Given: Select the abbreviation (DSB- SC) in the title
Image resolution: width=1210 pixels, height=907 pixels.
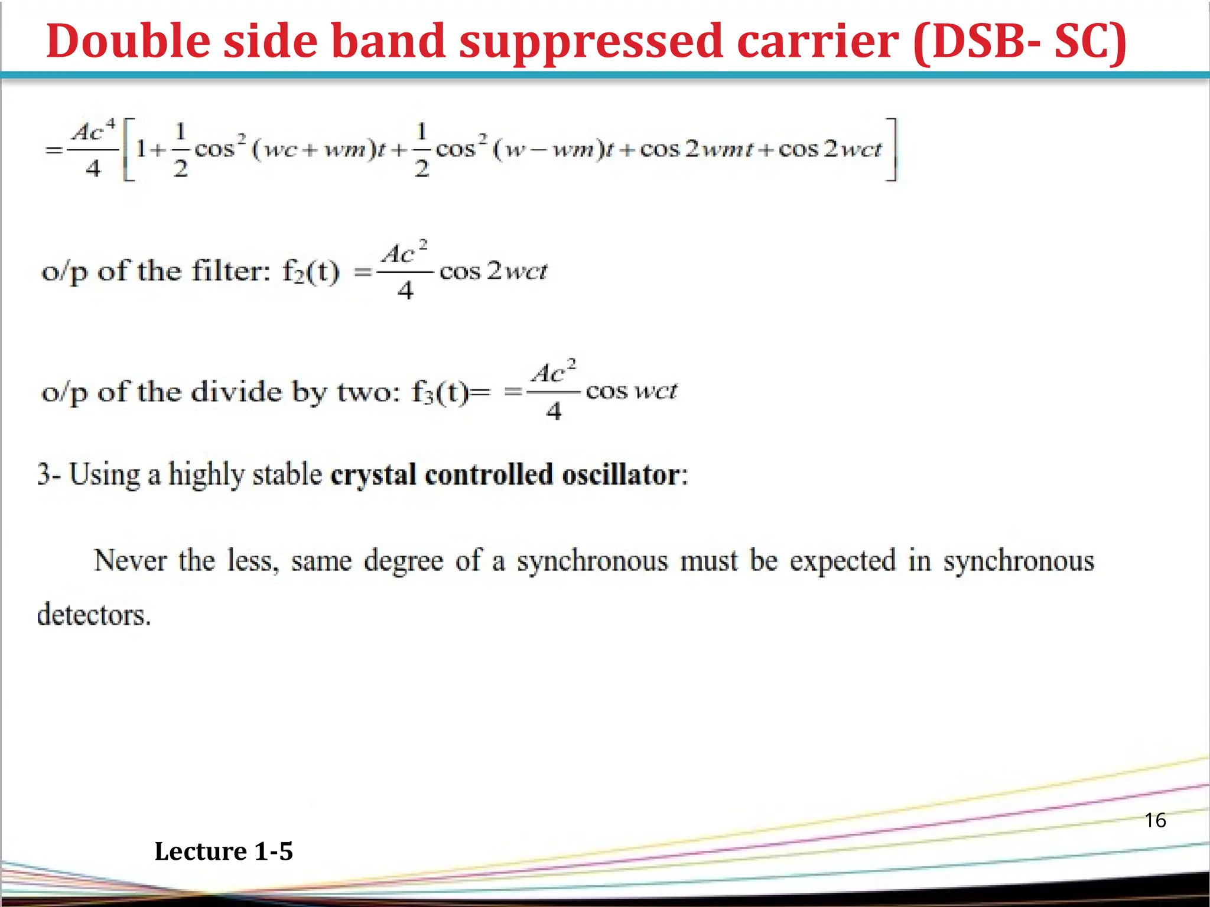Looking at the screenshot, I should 1020,41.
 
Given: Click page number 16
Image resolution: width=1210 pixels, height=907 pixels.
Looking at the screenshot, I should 1155,820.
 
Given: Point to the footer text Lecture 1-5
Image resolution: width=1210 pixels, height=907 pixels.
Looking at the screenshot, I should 223,851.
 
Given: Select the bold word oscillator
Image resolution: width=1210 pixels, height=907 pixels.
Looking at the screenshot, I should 624,475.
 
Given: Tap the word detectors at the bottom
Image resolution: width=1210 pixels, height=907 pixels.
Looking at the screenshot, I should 94,615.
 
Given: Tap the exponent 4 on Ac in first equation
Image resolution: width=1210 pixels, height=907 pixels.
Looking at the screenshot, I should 110,124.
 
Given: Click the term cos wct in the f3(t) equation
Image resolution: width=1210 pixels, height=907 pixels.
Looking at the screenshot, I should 631,391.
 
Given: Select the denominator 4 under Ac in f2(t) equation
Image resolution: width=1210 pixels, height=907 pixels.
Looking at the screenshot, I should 405,291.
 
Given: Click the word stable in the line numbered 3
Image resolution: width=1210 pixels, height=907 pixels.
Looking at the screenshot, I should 287,475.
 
